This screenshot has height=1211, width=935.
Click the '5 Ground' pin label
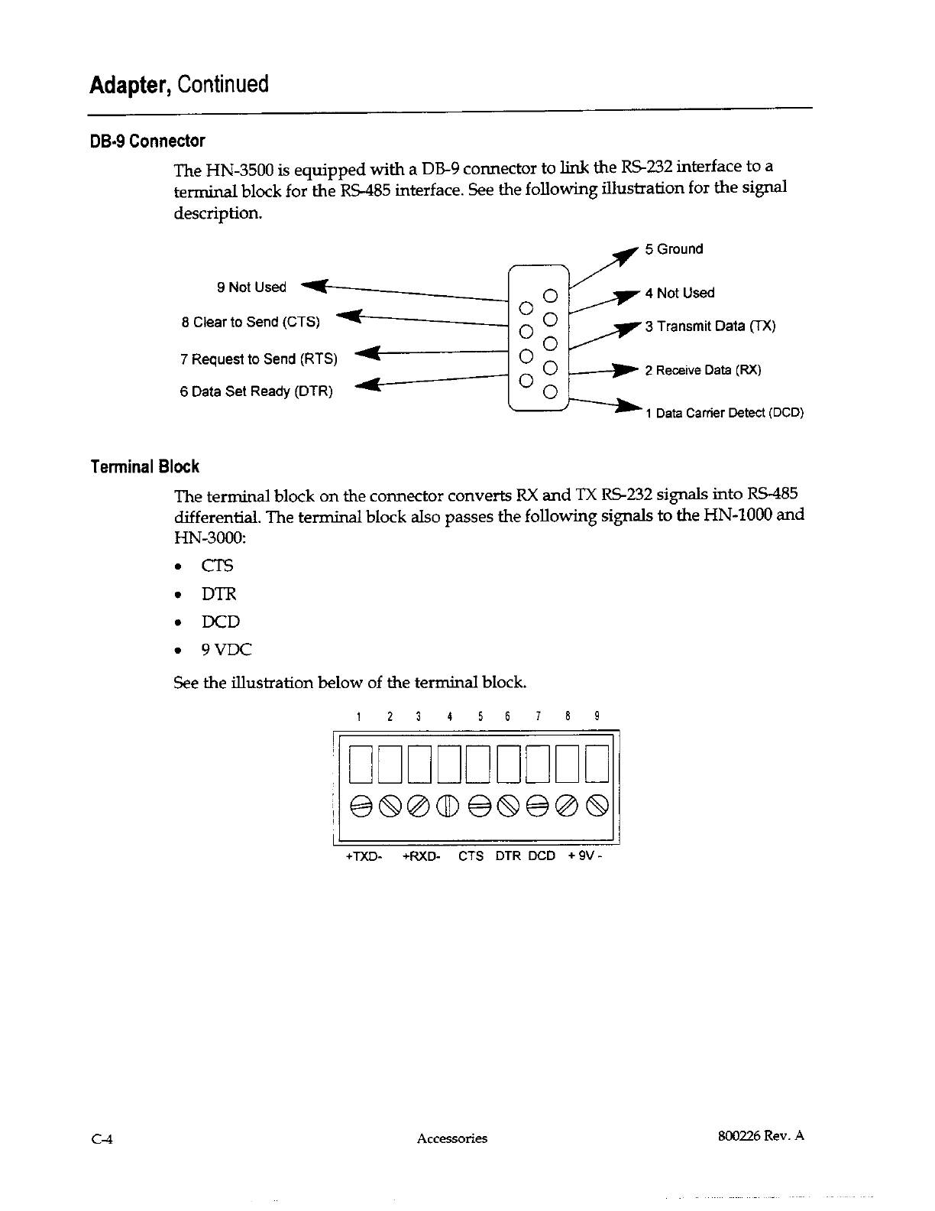coord(674,249)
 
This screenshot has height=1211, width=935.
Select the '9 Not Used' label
coord(251,287)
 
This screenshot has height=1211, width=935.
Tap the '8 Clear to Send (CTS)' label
coord(251,322)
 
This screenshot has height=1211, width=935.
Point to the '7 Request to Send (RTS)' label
coord(259,359)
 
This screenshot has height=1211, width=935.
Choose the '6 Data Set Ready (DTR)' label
coord(256,392)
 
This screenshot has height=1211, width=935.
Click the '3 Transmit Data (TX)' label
coord(710,326)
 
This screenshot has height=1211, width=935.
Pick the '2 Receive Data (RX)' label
coord(703,371)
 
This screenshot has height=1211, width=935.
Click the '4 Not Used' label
coord(680,294)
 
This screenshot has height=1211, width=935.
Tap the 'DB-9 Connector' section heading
coord(147,141)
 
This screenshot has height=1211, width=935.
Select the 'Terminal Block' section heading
coord(144,467)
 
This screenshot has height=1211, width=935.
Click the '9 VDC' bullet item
coord(226,651)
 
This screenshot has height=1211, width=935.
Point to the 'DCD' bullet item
coord(220,622)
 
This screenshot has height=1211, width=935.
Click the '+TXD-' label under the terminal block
coord(364,857)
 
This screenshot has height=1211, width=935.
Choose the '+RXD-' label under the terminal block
coord(421,857)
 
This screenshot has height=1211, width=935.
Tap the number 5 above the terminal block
coord(479,717)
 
